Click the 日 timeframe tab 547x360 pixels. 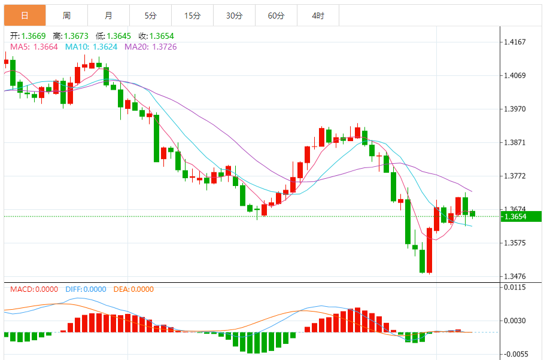25,16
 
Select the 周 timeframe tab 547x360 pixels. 66,16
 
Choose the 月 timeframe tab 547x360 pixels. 108,16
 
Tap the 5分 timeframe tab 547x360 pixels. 150,16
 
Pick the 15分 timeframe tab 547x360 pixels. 192,16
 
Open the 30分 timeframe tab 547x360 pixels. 234,16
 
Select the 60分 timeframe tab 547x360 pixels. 276,16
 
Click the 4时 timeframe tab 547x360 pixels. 318,16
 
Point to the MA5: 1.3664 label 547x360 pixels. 34,47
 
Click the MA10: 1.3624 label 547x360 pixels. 91,47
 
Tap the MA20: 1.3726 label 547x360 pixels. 150,47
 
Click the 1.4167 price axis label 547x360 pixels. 515,42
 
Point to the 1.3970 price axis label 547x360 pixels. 515,109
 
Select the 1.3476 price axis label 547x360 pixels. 515,276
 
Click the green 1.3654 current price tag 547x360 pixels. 521,216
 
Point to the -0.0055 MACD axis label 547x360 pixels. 515,354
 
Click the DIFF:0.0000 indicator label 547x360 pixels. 86,289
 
